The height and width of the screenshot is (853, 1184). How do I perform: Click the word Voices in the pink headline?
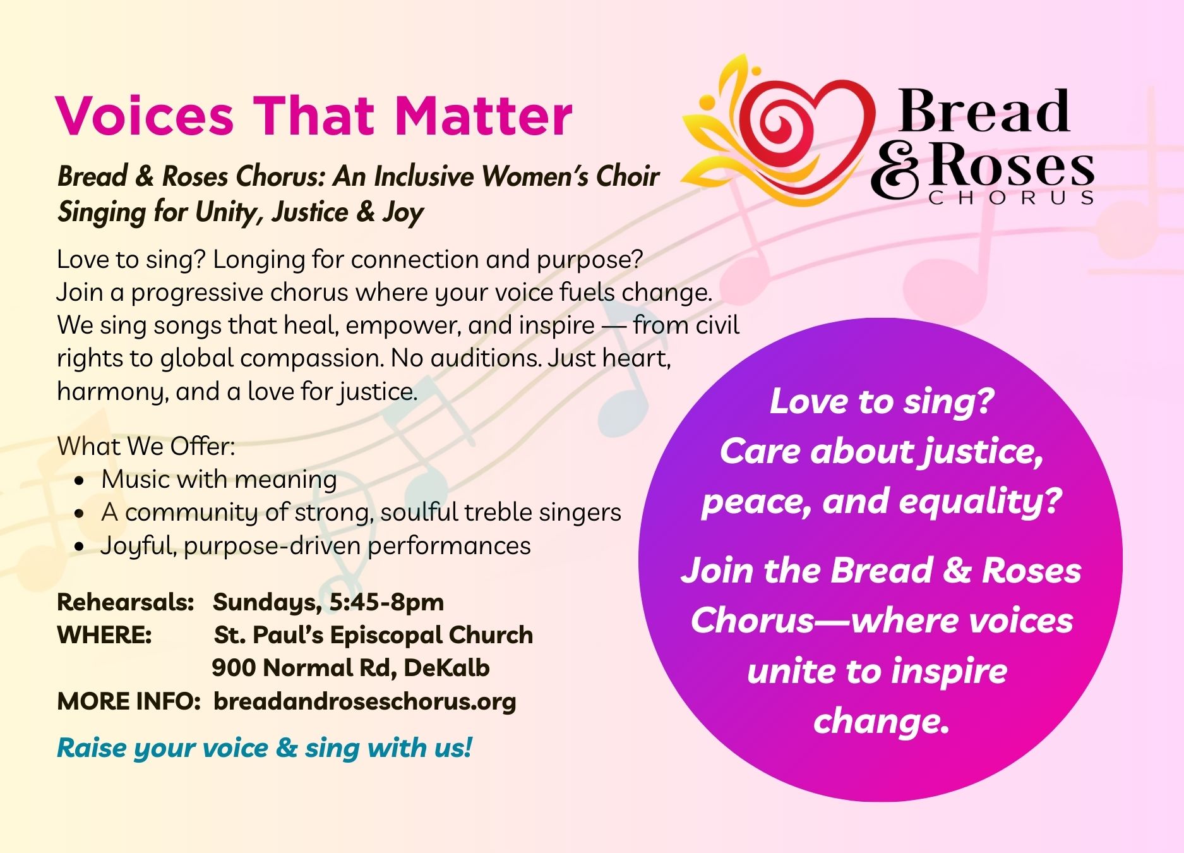coord(145,116)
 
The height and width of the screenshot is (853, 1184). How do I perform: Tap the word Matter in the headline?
coord(484,116)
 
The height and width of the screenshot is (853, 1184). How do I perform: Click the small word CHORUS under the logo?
coord(1011,198)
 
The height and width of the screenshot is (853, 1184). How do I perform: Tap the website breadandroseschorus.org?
coord(365,701)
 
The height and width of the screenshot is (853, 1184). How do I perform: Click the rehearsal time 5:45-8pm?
coord(386,602)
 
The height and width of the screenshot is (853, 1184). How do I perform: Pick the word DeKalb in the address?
coord(446,668)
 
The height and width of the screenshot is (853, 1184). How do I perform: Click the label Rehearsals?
coord(125,602)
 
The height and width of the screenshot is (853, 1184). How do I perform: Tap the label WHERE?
coord(104,635)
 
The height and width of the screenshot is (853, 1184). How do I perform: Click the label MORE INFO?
coord(129,701)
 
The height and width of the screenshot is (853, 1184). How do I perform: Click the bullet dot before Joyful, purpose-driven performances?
coord(79,547)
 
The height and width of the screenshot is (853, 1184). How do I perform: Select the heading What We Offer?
coord(146,446)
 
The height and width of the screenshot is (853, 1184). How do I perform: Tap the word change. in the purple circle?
coord(882,721)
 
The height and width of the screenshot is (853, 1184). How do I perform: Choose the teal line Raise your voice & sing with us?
coord(265,748)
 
